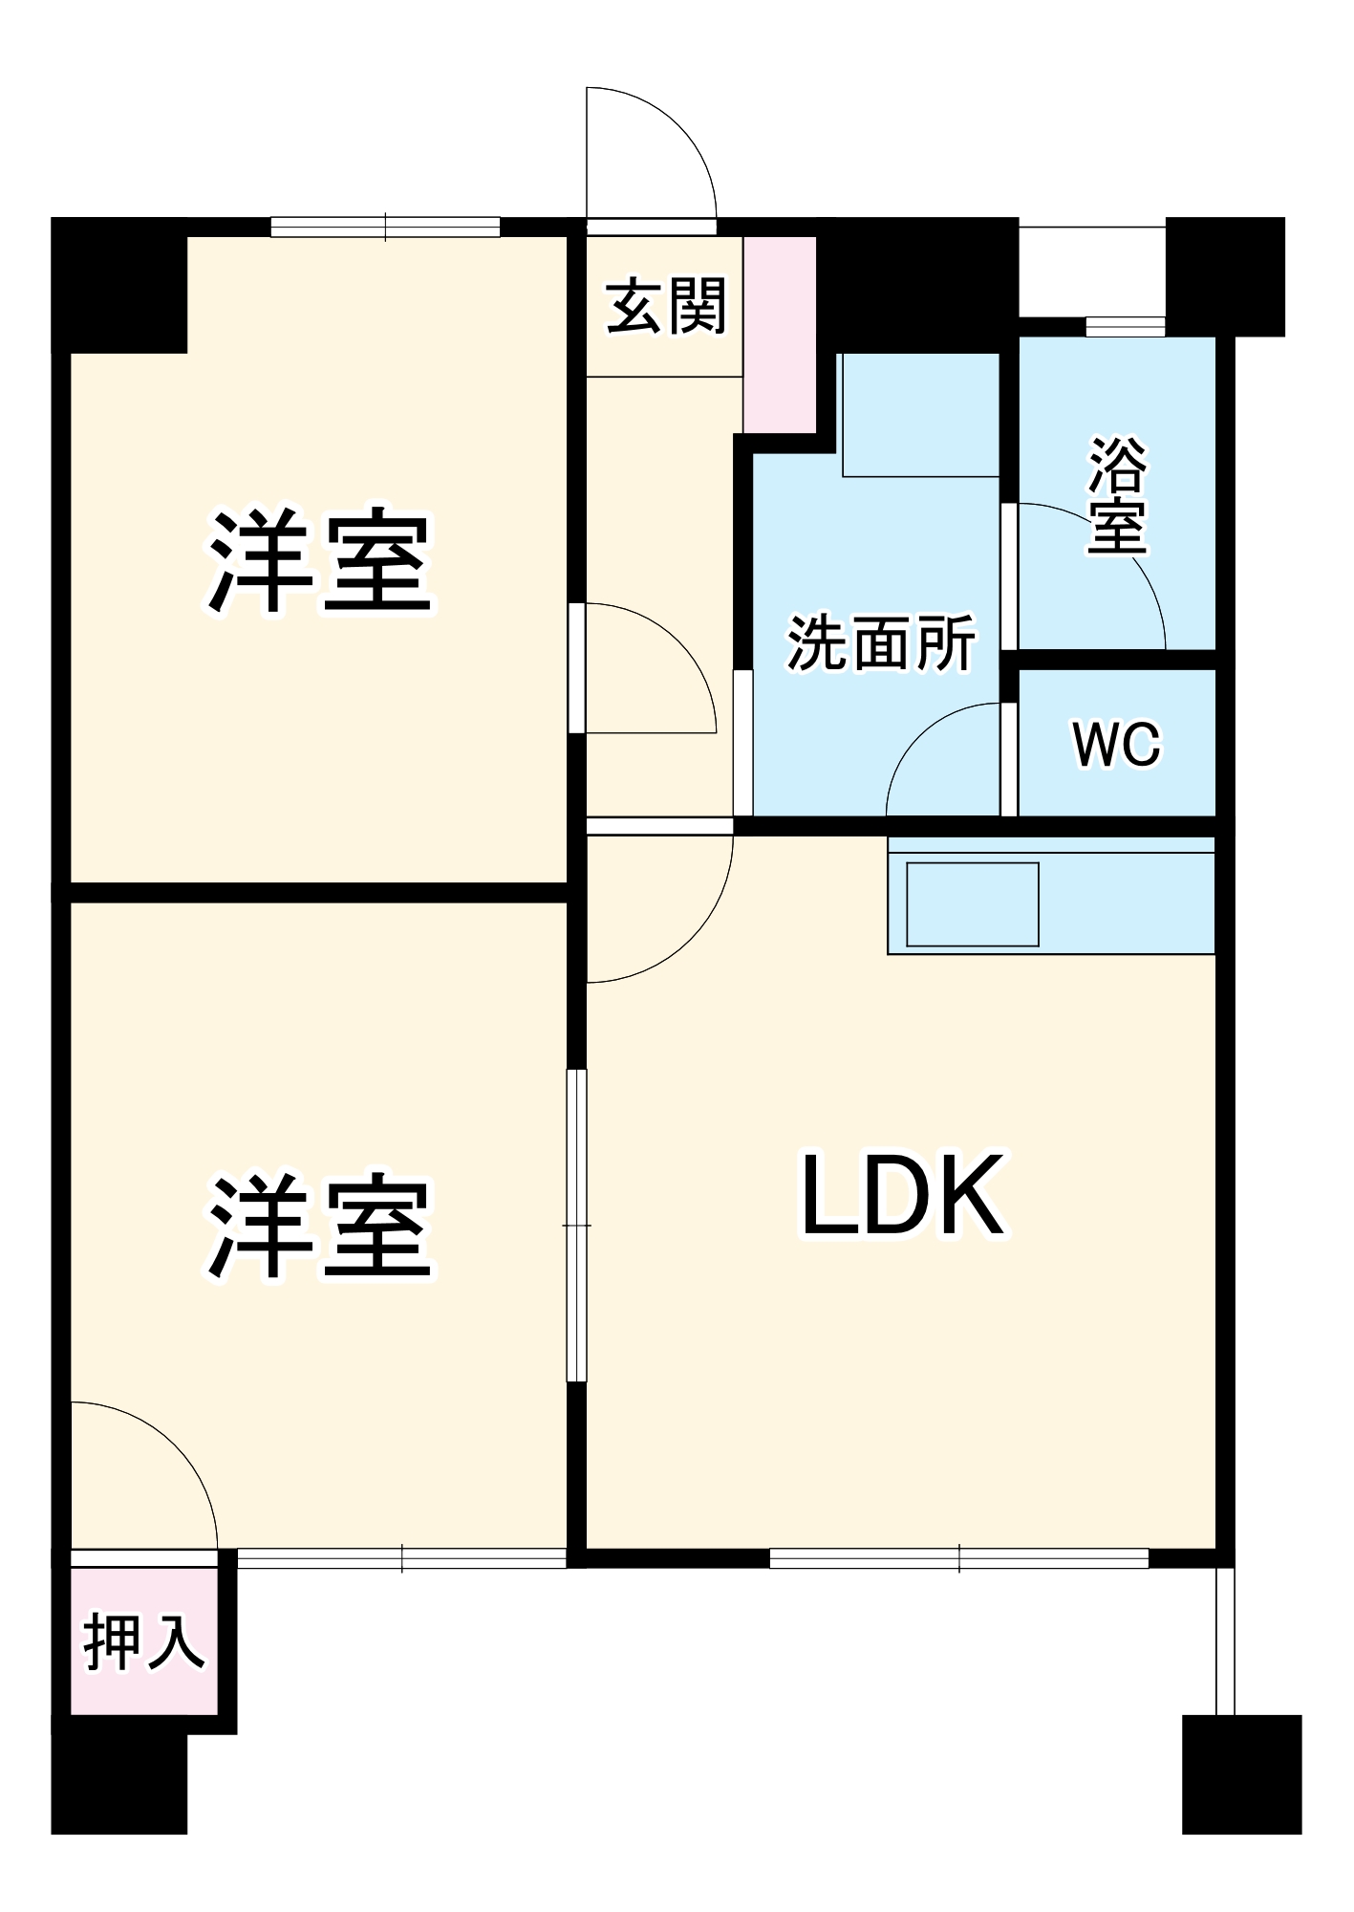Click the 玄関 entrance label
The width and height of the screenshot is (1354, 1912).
pyautogui.click(x=667, y=307)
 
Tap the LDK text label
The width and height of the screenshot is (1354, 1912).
pyautogui.click(x=903, y=1195)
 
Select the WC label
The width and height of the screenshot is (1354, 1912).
pyautogui.click(x=1116, y=744)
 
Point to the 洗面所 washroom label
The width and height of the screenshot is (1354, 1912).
pyautogui.click(x=881, y=642)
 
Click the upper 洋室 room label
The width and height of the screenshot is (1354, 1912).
pyautogui.click(x=321, y=562)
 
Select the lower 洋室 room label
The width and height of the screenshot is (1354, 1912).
pyautogui.click(x=321, y=1228)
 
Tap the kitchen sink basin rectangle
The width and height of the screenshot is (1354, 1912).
pyautogui.click(x=972, y=903)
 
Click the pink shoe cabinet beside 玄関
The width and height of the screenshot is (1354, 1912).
pyautogui.click(x=780, y=335)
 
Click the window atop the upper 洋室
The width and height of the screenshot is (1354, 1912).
pyautogui.click(x=385, y=228)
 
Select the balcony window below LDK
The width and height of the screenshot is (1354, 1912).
pyautogui.click(x=958, y=1558)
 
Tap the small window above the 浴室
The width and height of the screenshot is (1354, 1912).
pyautogui.click(x=1125, y=327)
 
